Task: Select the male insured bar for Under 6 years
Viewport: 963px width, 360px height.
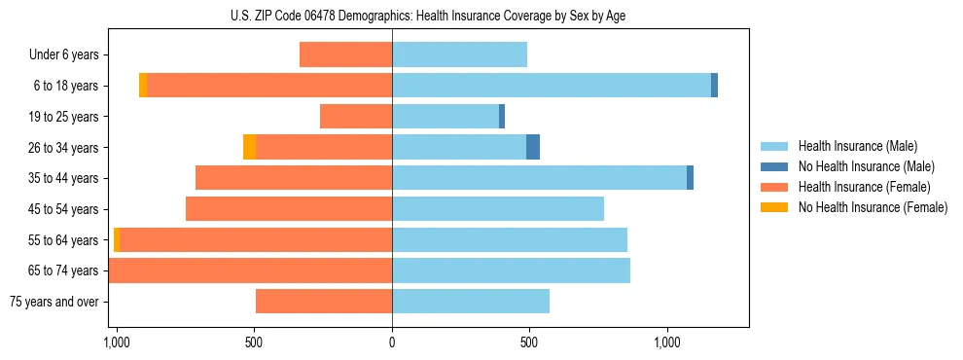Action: tap(459, 54)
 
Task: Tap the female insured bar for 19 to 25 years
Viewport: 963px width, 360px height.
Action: tap(356, 117)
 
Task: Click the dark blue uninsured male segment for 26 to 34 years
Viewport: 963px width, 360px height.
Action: tap(533, 147)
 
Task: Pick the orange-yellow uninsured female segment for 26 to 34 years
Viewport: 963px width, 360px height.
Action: tap(249, 147)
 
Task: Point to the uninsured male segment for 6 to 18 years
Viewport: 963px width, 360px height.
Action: tap(714, 86)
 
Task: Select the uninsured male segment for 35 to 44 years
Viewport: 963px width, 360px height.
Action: tap(690, 178)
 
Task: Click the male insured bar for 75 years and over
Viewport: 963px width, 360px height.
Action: tap(471, 302)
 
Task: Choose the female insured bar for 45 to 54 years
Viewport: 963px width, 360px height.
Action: tap(289, 209)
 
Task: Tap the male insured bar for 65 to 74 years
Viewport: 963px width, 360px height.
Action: tap(511, 270)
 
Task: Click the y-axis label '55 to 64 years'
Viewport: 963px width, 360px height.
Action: tap(64, 240)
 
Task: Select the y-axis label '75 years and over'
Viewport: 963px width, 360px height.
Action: tap(54, 302)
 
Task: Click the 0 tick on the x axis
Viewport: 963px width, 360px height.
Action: tap(392, 343)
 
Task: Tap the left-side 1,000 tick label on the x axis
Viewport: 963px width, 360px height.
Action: tap(116, 343)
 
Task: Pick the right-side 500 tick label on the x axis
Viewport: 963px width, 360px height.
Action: tap(529, 343)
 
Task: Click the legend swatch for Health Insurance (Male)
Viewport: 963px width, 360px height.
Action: tap(774, 146)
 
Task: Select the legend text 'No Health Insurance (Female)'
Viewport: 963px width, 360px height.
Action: tap(873, 207)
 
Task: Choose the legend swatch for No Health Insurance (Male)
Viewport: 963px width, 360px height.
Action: tap(774, 166)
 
